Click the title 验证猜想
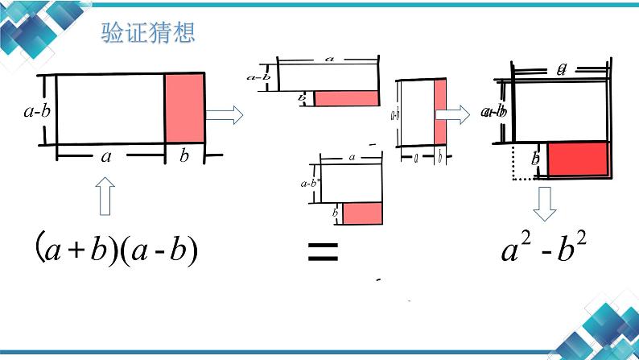tap(148, 34)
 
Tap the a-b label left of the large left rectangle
tap(36, 111)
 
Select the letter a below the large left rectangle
tap(105, 156)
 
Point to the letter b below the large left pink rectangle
tap(184, 156)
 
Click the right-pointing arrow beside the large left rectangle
tap(224, 115)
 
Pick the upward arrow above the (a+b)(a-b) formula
tap(105, 197)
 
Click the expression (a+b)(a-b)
tap(117, 250)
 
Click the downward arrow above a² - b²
tap(545, 205)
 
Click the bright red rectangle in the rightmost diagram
tap(577, 159)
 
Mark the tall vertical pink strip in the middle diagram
tap(439, 113)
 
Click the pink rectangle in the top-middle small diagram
tap(346, 98)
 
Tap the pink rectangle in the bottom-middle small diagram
tap(361, 213)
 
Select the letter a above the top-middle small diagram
tap(328, 59)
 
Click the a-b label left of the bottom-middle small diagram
tap(308, 183)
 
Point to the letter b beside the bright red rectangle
tap(535, 159)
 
